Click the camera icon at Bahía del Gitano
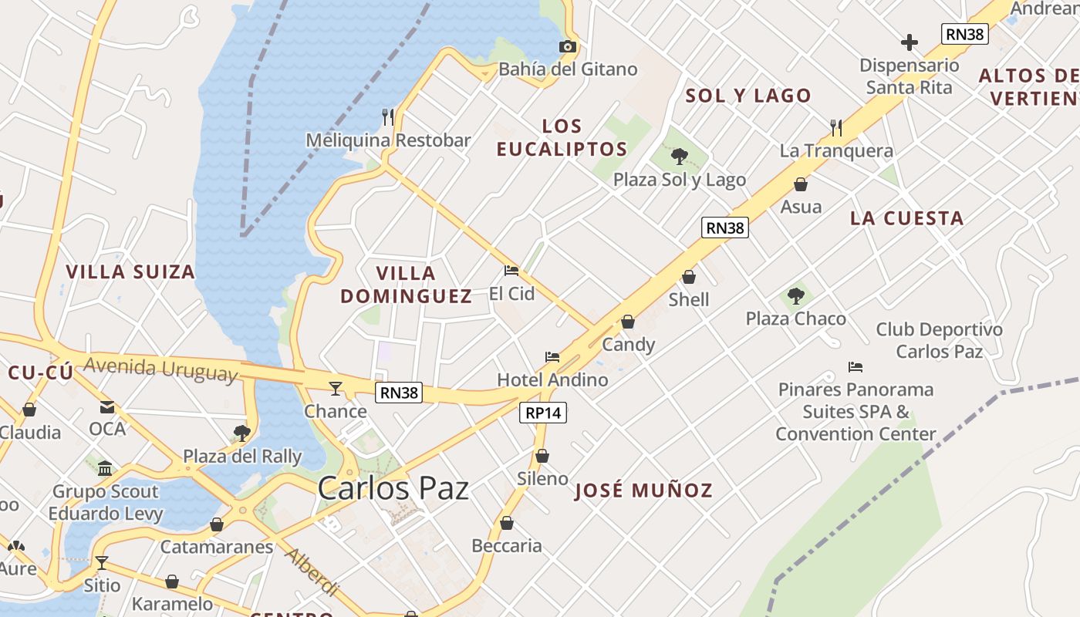coord(568,46)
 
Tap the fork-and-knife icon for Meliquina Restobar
coord(388,117)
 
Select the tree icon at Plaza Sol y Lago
coord(680,157)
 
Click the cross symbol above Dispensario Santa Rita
coord(910,42)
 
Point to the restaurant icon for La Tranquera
coord(836,127)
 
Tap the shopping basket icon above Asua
coord(801,184)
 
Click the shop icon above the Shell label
coord(689,277)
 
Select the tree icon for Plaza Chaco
coord(796,296)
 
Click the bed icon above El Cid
coord(511,271)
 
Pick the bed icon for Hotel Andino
coord(552,357)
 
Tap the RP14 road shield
coord(543,413)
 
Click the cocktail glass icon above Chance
coord(336,388)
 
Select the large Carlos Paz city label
coord(393,488)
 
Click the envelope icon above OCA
coord(107,406)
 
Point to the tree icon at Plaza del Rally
coord(242,433)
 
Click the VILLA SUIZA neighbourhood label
coord(130,271)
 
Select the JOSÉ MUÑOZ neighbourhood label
coord(643,491)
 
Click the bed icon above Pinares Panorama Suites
coord(855,366)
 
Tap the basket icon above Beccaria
coord(507,523)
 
